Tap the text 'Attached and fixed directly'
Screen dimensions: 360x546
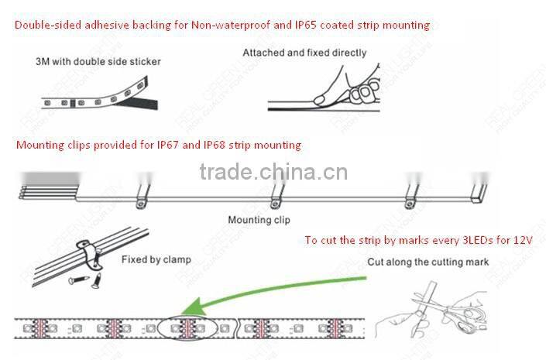[304, 53]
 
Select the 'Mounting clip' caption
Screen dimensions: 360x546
[259, 220]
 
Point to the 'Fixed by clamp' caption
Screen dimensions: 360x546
[156, 259]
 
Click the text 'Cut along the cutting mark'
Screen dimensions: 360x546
[428, 262]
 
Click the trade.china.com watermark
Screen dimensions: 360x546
[273, 172]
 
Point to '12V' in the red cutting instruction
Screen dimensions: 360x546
[523, 241]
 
